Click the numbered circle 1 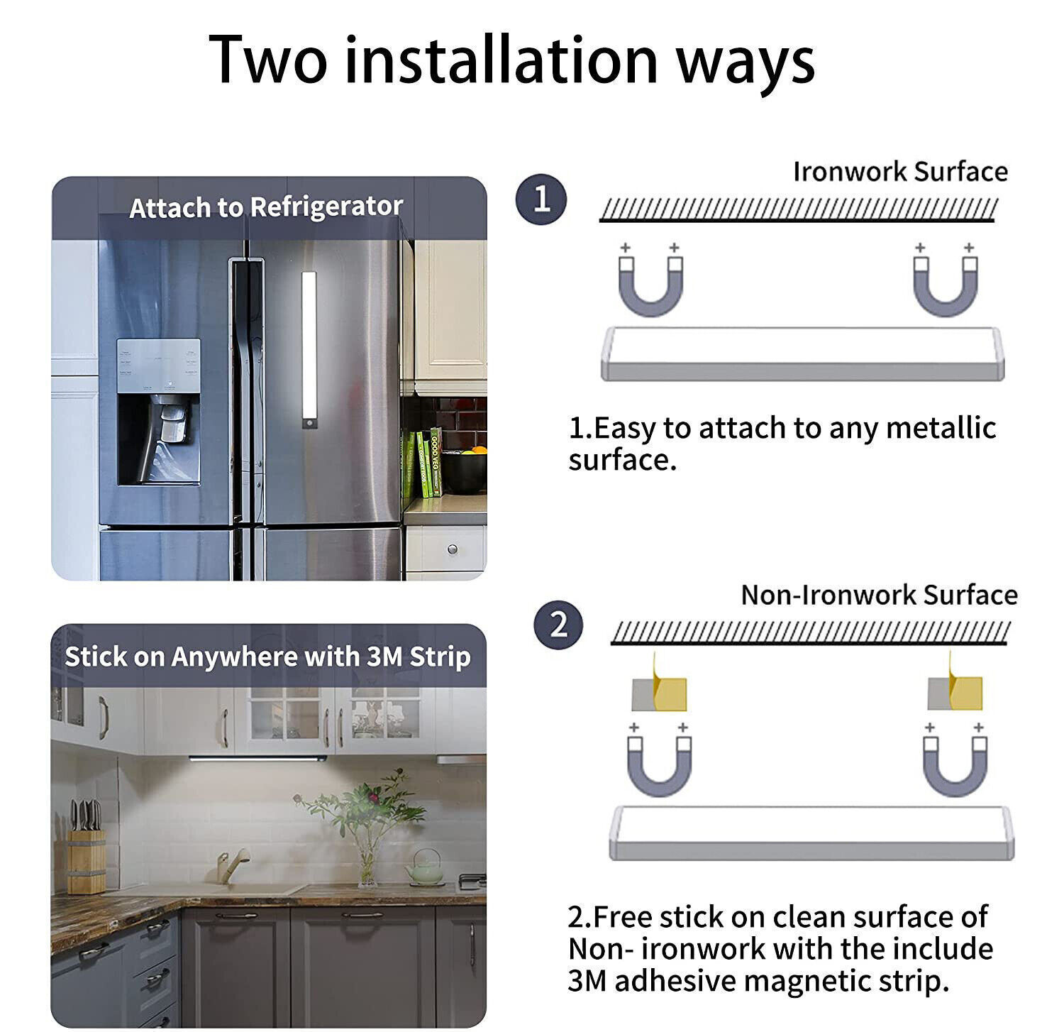[541, 199]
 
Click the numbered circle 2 [559, 625]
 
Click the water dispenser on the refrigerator [158, 412]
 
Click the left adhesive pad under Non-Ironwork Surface [658, 692]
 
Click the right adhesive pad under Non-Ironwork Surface [955, 692]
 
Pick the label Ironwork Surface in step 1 [899, 172]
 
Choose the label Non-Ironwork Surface [879, 595]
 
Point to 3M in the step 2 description [587, 981]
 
